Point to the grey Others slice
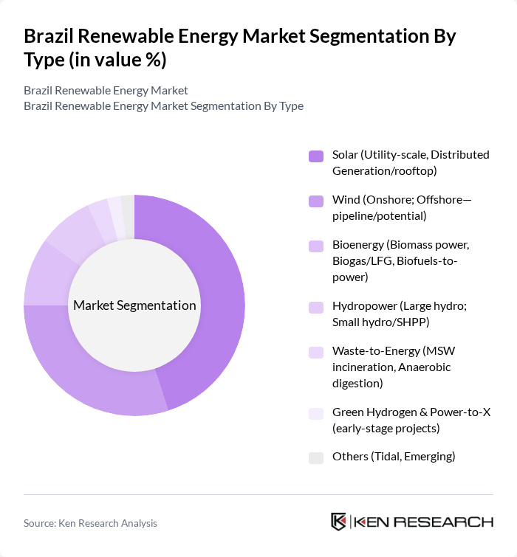coord(129,207)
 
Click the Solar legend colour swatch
coord(316,156)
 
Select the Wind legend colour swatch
coord(316,200)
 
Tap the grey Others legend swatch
coord(316,457)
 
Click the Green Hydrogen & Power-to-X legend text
coord(411,420)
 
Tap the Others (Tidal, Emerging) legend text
coord(394,457)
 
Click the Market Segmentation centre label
coord(134,305)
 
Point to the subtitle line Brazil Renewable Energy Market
coord(106,90)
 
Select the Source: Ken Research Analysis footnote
coord(90,523)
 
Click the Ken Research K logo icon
coord(338,522)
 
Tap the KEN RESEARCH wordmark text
coord(424,522)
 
